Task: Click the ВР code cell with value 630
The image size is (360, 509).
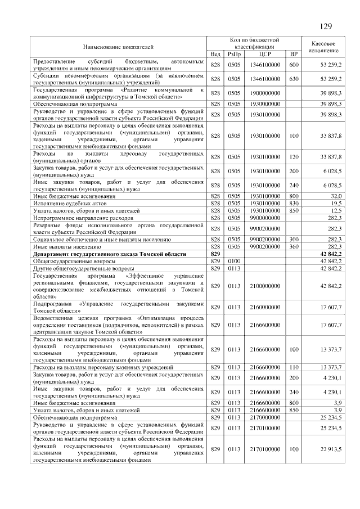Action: (x=293, y=79)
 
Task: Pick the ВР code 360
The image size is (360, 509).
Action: (x=293, y=246)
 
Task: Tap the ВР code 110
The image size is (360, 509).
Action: (x=293, y=367)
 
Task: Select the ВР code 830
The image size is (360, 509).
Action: (x=293, y=203)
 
